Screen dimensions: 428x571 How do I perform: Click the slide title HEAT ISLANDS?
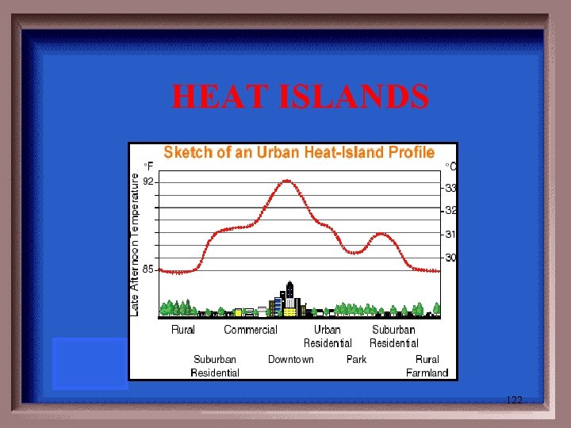[301, 97]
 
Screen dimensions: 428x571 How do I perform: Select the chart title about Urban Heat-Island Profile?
[299, 152]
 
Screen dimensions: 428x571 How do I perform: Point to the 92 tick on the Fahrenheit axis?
[149, 182]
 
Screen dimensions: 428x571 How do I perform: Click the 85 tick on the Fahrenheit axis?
[148, 269]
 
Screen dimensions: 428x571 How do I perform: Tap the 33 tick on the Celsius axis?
[450, 189]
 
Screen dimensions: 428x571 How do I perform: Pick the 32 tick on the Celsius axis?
[450, 211]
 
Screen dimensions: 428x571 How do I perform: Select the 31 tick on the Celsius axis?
[450, 235]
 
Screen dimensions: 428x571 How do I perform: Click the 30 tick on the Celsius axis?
[450, 258]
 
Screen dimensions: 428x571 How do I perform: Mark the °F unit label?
[148, 166]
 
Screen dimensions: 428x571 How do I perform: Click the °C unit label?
[450, 166]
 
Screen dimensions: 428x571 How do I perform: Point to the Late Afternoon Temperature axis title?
[135, 246]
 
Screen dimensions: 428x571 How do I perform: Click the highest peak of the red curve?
[287, 181]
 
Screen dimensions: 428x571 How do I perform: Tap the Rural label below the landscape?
[183, 330]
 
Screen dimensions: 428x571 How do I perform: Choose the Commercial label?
[251, 330]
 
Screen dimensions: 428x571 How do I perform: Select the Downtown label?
[290, 360]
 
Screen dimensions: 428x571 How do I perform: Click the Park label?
[357, 360]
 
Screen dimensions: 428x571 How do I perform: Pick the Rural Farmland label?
[427, 366]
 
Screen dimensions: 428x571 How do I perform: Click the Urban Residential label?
[328, 336]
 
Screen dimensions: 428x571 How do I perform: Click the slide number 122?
[514, 400]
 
